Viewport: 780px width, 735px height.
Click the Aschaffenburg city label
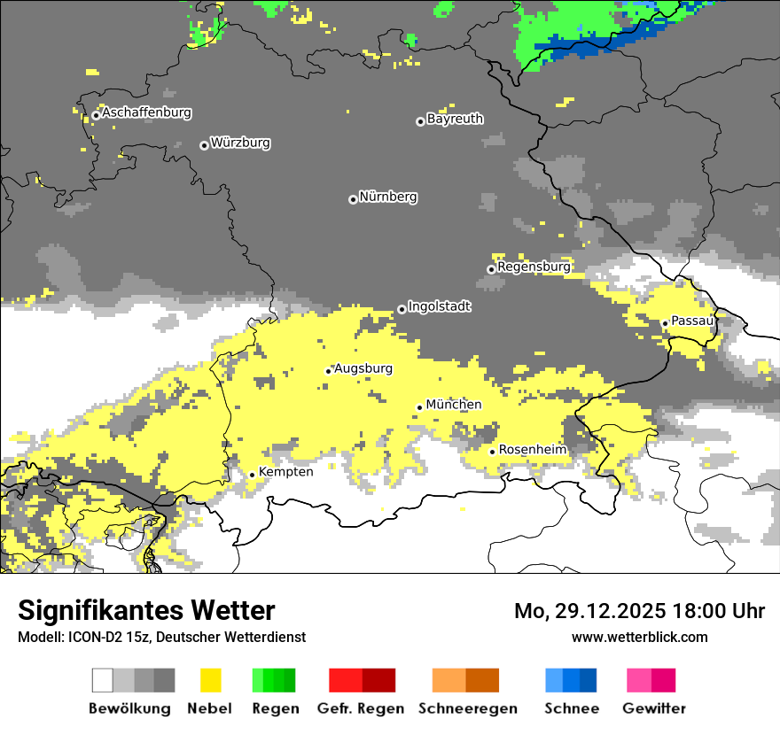(x=146, y=113)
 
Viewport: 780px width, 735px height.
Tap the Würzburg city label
(x=240, y=143)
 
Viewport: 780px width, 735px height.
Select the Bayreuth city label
(x=455, y=119)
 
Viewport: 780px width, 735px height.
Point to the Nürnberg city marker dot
(x=353, y=199)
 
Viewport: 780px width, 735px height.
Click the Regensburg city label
(x=534, y=267)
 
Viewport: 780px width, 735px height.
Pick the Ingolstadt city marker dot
(x=402, y=309)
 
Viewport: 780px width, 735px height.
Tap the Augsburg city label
(x=363, y=368)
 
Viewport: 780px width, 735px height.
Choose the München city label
(x=454, y=405)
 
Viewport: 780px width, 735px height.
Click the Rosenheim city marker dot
(x=493, y=452)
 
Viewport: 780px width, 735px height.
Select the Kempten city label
(x=285, y=472)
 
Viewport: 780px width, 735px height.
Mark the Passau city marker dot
(x=665, y=323)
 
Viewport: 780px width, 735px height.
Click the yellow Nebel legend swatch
(x=210, y=680)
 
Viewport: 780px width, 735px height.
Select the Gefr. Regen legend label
(x=362, y=708)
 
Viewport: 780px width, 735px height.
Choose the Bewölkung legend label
(x=129, y=708)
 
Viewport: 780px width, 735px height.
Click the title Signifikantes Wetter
(x=146, y=611)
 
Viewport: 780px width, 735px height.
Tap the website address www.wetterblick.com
(x=639, y=637)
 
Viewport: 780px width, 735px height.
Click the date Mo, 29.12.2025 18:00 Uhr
(x=639, y=611)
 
